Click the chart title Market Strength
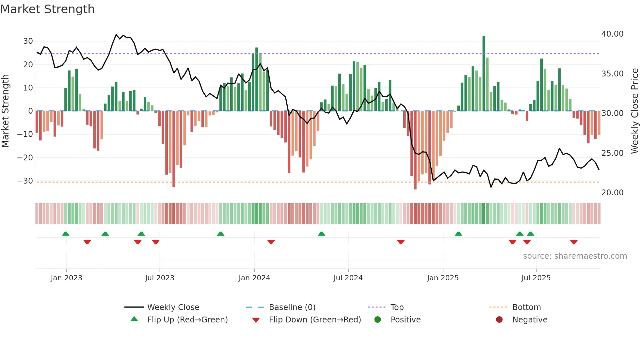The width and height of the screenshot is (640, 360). point(47,9)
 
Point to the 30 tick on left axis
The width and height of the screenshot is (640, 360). point(28,41)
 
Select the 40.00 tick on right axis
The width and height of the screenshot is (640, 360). point(612,34)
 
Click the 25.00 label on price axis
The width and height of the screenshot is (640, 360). point(612,153)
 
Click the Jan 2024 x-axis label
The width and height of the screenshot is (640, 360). point(254,278)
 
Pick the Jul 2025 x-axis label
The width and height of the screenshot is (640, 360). point(536,278)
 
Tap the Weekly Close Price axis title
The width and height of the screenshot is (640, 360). point(634,111)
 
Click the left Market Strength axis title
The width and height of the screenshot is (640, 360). point(5,111)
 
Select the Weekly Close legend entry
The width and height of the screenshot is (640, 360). point(173,307)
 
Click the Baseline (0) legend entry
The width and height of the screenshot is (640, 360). point(292,307)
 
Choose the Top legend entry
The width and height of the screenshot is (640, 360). point(397,307)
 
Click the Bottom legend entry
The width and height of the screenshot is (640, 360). point(526,307)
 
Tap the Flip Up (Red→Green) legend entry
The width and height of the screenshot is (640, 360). point(187,320)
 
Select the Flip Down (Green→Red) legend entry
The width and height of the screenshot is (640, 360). point(315,320)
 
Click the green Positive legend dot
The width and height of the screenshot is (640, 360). point(378,320)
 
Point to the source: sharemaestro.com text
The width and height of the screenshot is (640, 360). point(575,256)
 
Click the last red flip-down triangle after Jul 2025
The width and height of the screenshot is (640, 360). point(574,242)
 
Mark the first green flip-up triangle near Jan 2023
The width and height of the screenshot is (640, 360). point(66,234)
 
